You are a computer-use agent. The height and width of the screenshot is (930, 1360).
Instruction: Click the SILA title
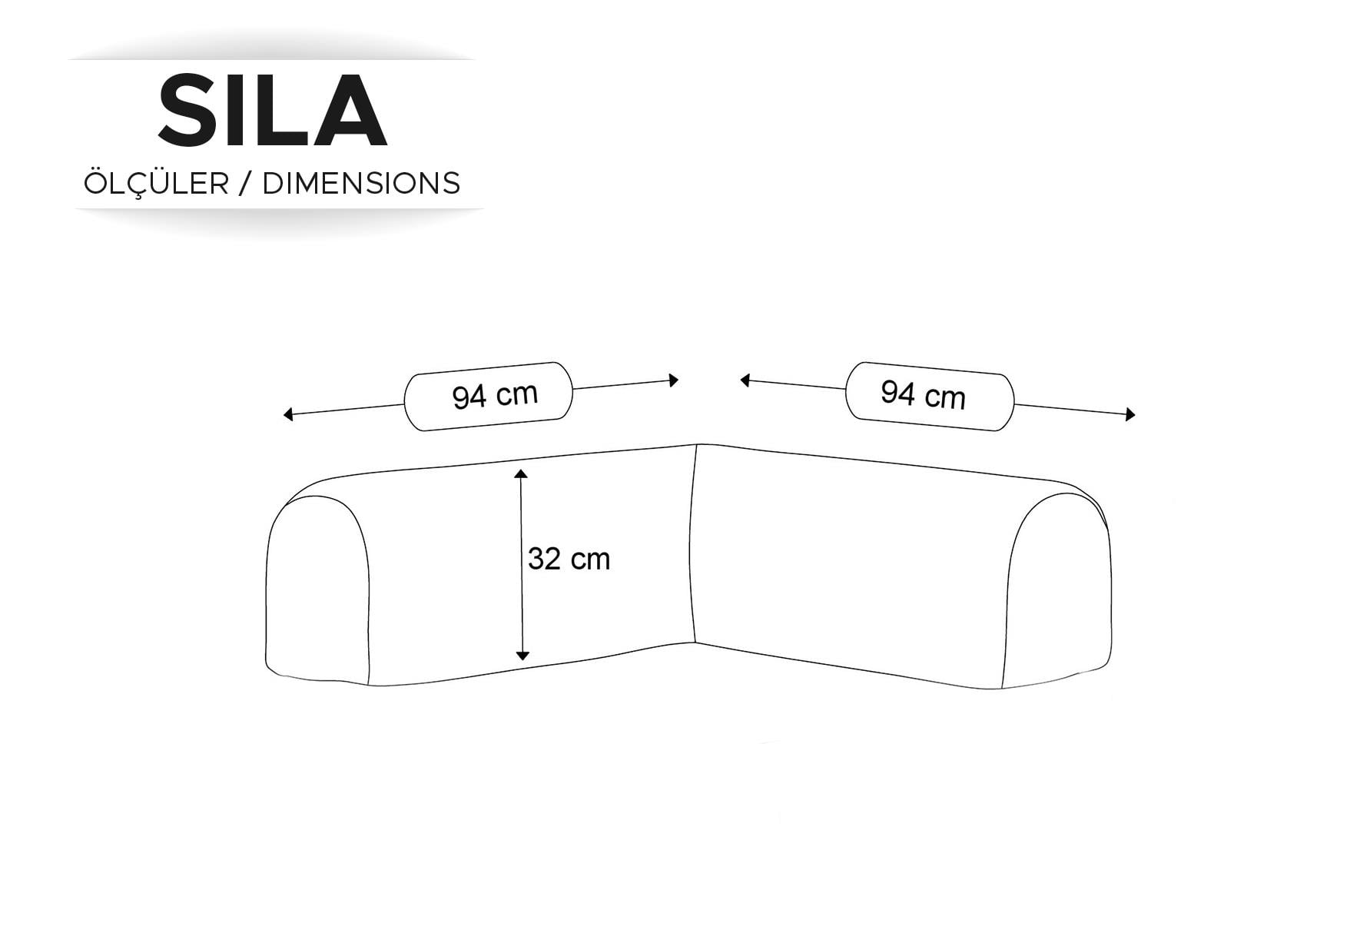272,111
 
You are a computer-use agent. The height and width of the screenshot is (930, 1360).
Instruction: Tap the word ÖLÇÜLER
156,182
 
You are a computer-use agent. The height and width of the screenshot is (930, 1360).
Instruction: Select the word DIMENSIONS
361,184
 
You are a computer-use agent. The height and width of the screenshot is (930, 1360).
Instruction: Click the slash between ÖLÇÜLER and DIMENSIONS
246,184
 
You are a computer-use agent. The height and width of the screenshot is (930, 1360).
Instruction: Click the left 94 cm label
495,396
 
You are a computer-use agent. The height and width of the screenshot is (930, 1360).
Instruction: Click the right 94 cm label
923,395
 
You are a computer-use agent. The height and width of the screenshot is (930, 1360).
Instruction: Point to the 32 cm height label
569,559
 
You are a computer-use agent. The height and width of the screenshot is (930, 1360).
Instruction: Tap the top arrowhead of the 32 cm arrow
522,474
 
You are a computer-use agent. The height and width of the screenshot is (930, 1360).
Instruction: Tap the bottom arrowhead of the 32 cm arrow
522,655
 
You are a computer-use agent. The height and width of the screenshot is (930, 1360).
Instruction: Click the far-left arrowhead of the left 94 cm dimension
288,415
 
